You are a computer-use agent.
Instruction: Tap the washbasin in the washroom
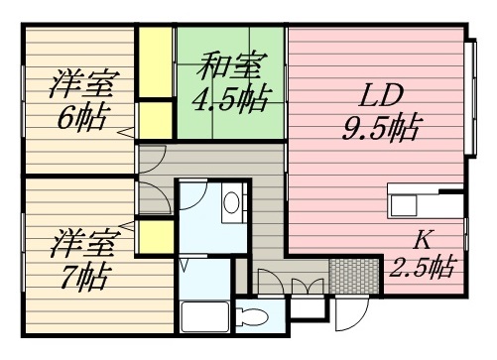[232, 202]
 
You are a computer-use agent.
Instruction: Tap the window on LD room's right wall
[469, 99]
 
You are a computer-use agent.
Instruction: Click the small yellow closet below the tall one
[155, 120]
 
